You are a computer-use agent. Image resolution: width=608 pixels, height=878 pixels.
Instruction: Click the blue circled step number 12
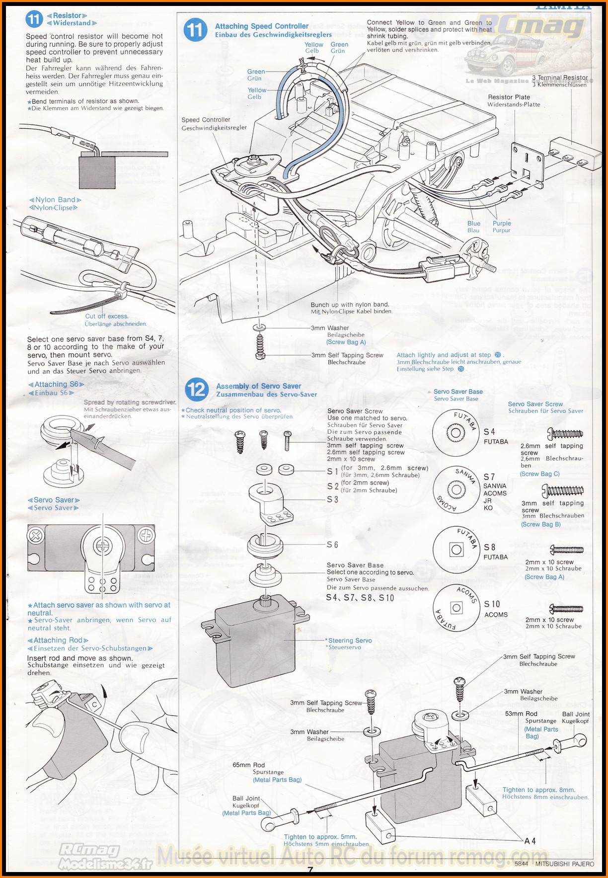point(197,389)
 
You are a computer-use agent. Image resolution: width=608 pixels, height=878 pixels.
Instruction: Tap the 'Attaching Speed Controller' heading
point(261,26)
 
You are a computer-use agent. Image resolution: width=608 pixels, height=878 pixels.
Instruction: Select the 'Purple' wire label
point(502,224)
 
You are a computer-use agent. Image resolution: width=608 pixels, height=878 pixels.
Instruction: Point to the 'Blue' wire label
point(474,224)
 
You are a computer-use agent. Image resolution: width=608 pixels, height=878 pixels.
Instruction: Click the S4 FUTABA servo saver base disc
point(455,433)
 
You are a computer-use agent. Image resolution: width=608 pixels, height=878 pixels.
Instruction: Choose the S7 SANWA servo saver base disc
point(456,490)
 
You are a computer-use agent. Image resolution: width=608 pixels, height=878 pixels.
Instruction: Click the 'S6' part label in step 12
point(332,545)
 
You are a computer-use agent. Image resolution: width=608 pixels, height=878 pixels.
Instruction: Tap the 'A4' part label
point(530,841)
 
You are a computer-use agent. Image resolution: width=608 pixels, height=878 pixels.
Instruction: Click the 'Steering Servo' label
point(350,640)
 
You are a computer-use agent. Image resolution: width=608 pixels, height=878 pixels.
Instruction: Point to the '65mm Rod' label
point(248,765)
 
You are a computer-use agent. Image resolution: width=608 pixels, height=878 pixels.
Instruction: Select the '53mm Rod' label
point(521,714)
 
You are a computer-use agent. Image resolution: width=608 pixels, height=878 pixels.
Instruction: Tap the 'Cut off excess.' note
point(106,316)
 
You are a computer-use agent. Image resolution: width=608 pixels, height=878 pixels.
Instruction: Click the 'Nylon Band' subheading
point(55,200)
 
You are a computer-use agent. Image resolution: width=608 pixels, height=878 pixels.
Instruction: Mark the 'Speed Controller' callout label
point(206,120)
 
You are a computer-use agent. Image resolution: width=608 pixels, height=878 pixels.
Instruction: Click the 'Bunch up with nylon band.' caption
point(350,305)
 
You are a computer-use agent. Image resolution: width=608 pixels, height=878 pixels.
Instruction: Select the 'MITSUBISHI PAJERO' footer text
point(564,864)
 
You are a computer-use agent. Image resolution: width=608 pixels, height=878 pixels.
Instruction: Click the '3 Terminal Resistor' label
point(559,78)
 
